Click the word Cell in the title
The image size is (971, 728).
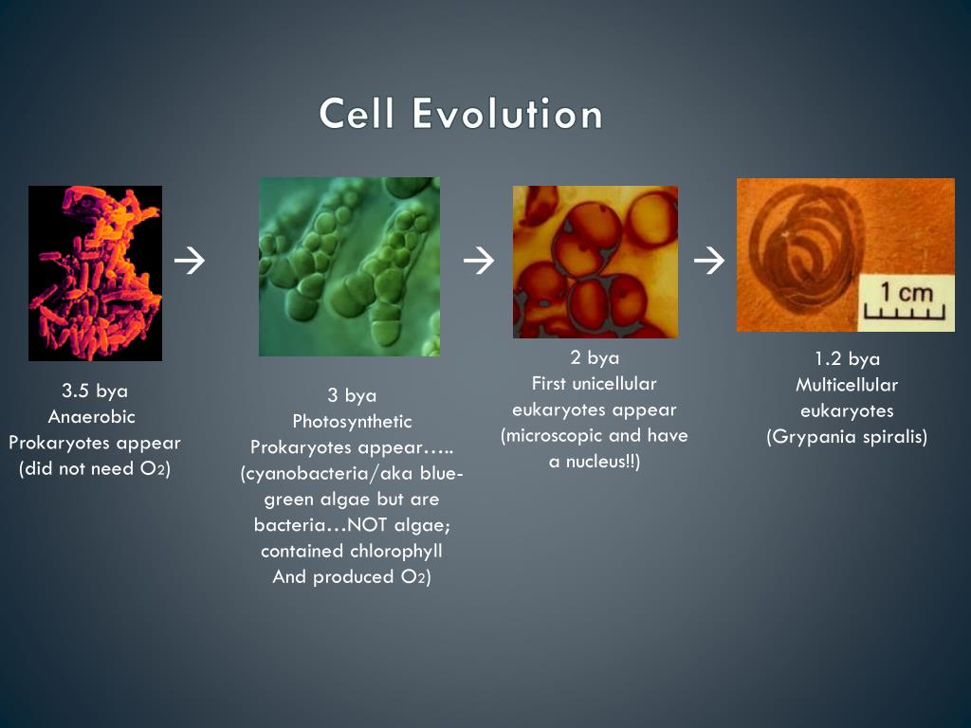coord(357,115)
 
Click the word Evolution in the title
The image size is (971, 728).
coord(507,115)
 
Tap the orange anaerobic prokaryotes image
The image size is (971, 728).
coord(95,273)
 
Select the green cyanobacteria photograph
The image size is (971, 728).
coord(349,266)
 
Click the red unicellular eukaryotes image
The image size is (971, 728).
coord(595,262)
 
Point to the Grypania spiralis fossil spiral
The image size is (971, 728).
coord(801,252)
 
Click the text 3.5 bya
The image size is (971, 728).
coord(95,391)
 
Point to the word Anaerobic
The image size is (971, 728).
coord(92,417)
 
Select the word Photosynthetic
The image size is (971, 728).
coord(352,422)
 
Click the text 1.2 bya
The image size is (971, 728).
coord(847,359)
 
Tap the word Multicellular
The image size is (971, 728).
coord(847,385)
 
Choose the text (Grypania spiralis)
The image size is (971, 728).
coord(847,437)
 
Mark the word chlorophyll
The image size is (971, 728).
coord(394,551)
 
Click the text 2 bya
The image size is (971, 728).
coord(595,358)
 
